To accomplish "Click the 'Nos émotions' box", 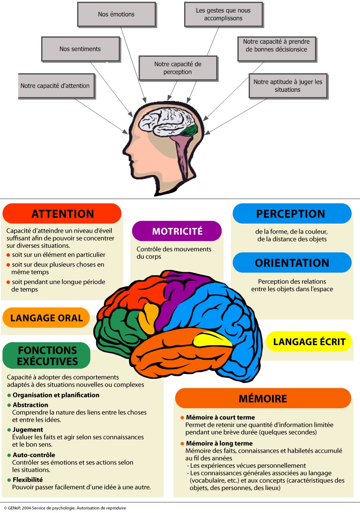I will (116, 14).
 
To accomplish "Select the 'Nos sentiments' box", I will (80, 49).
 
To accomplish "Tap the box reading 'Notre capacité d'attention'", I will (55, 86).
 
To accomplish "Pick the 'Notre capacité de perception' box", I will (178, 68).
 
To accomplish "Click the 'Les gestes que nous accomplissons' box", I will (223, 14).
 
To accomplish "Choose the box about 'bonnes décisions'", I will (275, 45).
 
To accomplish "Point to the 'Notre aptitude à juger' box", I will (288, 85).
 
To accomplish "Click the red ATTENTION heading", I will (62, 214).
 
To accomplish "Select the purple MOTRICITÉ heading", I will (177, 231).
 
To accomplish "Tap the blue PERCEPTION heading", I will (291, 214).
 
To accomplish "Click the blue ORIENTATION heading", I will (292, 263).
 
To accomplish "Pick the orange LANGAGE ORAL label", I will (46, 318).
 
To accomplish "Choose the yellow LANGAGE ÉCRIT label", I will (312, 341).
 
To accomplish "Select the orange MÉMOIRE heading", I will (263, 398).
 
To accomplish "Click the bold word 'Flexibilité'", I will (28, 480).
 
